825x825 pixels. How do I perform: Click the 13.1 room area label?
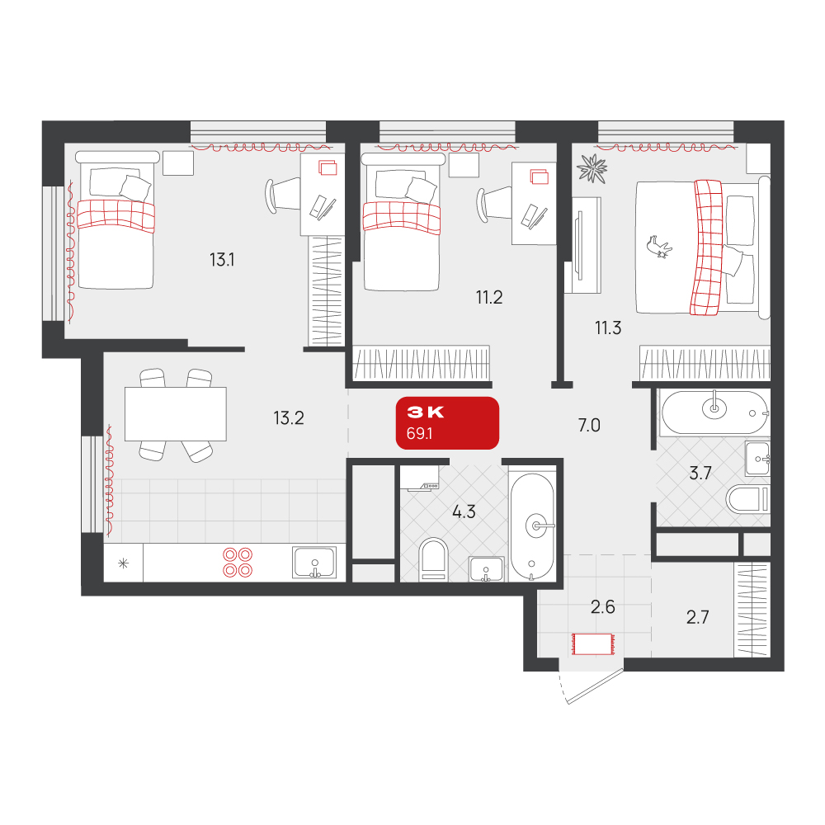tap(222, 259)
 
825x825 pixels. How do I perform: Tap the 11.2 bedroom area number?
tap(489, 297)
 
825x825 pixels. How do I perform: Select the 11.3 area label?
tap(608, 328)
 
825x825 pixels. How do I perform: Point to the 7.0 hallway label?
tap(589, 425)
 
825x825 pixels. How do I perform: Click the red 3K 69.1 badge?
tap(447, 423)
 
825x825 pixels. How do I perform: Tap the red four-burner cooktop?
tap(238, 563)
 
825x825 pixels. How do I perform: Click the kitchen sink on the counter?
tap(314, 563)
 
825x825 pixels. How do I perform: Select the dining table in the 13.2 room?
tap(175, 414)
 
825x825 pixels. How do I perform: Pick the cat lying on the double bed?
tap(659, 247)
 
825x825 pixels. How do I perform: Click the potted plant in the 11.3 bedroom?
tap(592, 168)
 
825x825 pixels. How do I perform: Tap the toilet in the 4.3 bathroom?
tap(434, 559)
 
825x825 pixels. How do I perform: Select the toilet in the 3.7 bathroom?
tap(747, 499)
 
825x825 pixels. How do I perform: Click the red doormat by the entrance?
tap(592, 644)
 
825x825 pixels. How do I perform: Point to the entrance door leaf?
tap(595, 686)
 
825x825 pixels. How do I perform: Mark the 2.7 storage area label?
tap(697, 616)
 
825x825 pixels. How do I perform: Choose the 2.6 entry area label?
tap(602, 606)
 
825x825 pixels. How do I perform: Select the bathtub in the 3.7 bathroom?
tap(714, 412)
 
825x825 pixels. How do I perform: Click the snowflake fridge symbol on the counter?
tap(123, 563)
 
